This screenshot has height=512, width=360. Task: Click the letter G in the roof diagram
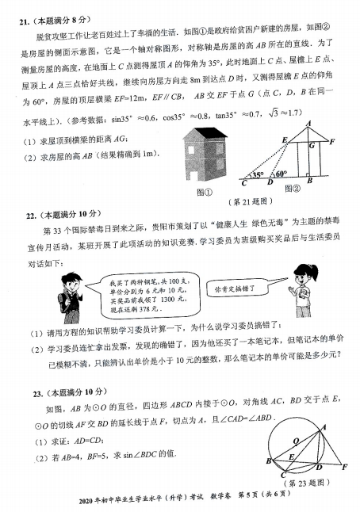[x=312, y=147]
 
